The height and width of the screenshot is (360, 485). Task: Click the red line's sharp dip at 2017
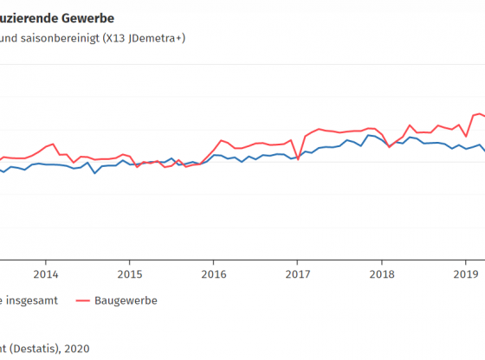(298, 159)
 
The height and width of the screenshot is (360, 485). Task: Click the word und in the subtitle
(11, 39)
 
